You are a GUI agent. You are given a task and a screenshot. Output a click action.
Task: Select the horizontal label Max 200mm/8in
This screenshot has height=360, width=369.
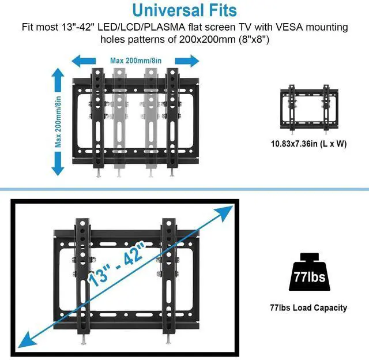click(136, 60)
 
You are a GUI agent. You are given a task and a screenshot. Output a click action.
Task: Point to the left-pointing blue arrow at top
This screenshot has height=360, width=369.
click(83, 60)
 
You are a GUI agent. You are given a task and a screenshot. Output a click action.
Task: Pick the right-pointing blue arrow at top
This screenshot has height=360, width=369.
click(187, 60)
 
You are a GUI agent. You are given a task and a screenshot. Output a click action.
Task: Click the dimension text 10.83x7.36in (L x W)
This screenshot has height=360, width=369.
click(309, 144)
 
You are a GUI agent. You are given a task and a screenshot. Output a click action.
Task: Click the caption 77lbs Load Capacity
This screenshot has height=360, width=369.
click(309, 307)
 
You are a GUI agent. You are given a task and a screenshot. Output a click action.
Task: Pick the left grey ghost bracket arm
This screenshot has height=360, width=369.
click(119, 115)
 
